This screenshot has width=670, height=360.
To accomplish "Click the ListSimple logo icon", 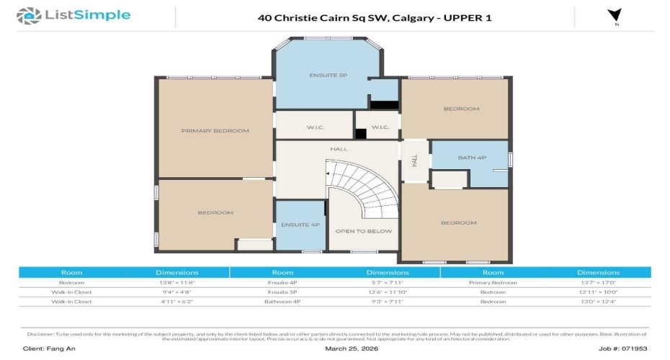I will (29, 15).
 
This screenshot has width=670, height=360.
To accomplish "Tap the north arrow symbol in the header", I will (615, 16).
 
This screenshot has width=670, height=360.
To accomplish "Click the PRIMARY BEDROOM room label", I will (215, 131).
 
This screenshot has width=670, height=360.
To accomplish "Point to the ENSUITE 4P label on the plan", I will (300, 225).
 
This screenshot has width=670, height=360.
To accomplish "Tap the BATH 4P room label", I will (472, 158).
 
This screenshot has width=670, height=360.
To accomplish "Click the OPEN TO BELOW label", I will (364, 231).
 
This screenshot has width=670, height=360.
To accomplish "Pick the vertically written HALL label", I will (414, 161).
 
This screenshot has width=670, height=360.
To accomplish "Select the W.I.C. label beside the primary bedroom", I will (315, 127).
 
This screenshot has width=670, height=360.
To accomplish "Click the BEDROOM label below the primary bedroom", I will (215, 212).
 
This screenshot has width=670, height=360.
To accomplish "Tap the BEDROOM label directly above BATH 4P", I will (460, 109).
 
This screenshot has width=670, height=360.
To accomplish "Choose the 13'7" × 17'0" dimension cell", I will (598, 283).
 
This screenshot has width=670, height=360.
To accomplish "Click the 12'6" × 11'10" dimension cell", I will (387, 292).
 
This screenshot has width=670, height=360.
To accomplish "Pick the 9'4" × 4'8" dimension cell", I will (177, 292).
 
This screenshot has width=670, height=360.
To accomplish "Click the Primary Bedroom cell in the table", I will (493, 283).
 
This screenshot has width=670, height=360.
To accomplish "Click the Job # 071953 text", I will (624, 348).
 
